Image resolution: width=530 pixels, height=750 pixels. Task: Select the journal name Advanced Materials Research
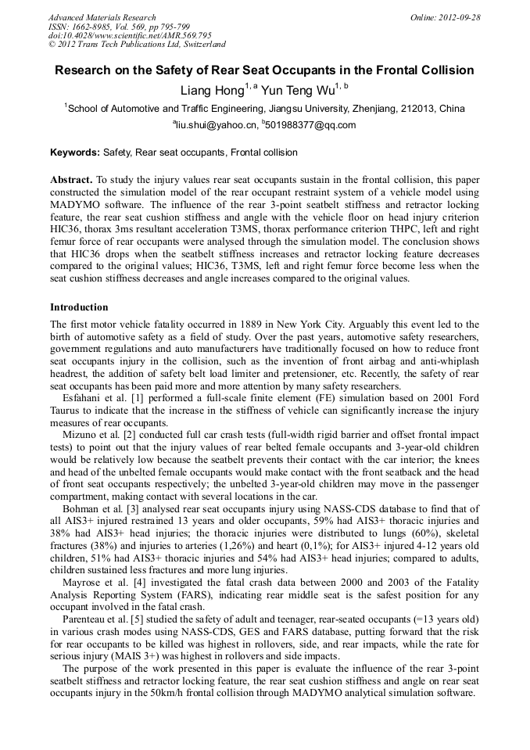coord(102,17)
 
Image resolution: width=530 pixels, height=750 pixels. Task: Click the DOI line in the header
coord(130,35)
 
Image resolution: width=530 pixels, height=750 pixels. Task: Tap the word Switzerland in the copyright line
coord(199,45)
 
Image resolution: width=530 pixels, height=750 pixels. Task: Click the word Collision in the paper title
coord(445,70)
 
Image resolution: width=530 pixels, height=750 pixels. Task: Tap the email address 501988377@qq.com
coord(310,125)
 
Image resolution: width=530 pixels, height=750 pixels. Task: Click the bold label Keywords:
coord(75,153)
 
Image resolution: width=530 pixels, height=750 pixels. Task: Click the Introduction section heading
coord(79,307)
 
